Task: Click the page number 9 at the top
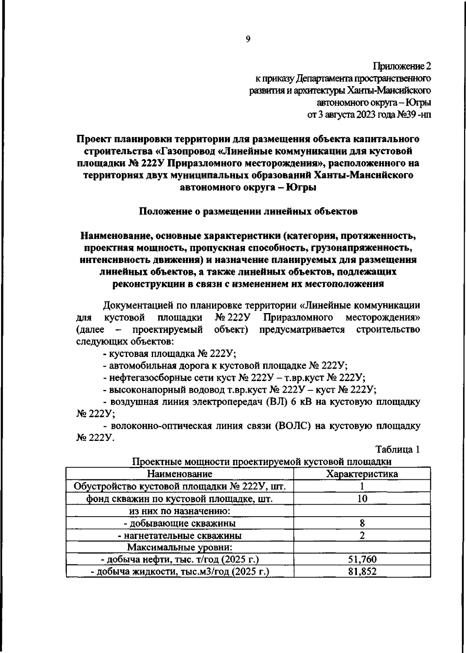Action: (x=248, y=39)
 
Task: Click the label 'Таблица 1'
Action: (x=397, y=450)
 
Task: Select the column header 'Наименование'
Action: (x=179, y=474)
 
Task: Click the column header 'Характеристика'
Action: (x=362, y=474)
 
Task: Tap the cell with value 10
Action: (x=362, y=498)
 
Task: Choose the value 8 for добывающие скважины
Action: (x=362, y=523)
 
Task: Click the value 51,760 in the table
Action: (x=362, y=559)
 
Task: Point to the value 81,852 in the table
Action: (x=362, y=571)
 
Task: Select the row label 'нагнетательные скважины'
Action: (x=182, y=536)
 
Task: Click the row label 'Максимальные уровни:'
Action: (x=179, y=547)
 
